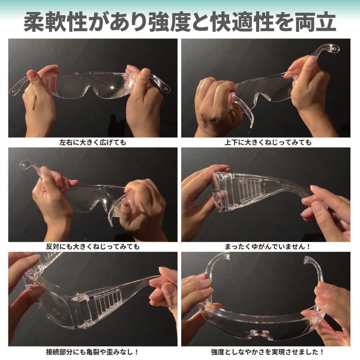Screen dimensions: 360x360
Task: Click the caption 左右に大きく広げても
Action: tap(93, 142)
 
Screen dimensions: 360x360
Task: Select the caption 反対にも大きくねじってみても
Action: tap(93, 247)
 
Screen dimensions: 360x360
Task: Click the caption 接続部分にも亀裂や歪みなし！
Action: tap(93, 352)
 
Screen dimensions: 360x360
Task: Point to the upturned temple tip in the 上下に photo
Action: tap(330, 49)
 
